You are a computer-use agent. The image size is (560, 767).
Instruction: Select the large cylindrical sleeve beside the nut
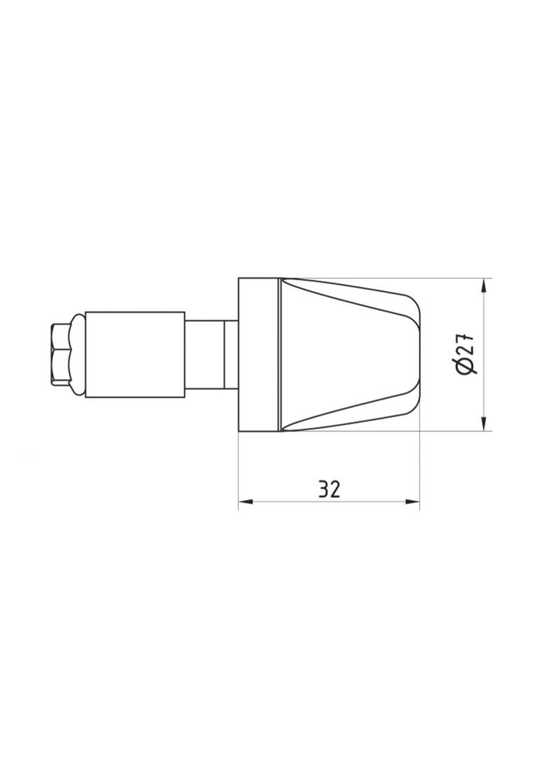click(134, 354)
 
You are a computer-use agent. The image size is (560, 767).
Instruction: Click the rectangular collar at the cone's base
click(258, 354)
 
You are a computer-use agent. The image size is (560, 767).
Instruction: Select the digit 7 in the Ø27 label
click(468, 337)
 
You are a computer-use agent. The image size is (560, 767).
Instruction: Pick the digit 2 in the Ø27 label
click(468, 351)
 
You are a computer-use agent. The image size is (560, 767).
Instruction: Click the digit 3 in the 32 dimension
click(323, 488)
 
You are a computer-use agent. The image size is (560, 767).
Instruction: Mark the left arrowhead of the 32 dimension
click(245, 501)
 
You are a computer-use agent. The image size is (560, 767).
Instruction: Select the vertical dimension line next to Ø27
click(484, 392)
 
